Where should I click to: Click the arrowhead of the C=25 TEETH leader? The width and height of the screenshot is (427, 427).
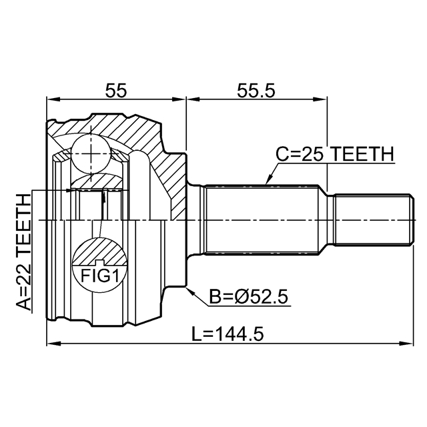[x=267, y=181]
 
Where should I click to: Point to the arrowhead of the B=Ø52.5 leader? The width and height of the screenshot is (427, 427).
[x=190, y=290]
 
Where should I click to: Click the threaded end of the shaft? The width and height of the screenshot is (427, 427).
[x=371, y=220]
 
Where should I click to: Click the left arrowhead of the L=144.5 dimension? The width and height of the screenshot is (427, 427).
[x=51, y=344]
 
